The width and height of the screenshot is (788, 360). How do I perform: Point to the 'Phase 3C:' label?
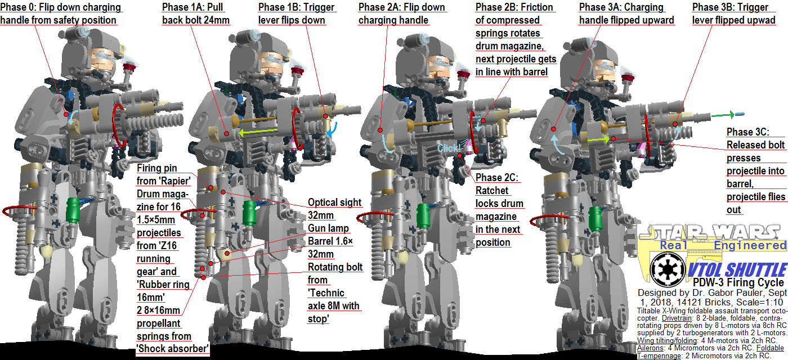(x=747, y=132)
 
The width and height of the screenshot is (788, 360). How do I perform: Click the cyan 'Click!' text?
(x=449, y=148)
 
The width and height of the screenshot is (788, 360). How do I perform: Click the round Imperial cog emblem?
(x=668, y=269)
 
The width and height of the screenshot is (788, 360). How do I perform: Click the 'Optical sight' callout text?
(x=335, y=202)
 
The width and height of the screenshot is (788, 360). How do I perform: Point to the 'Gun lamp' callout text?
(x=328, y=228)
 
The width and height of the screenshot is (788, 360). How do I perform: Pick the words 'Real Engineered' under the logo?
(x=723, y=245)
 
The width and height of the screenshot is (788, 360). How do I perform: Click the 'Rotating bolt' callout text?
(x=335, y=267)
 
